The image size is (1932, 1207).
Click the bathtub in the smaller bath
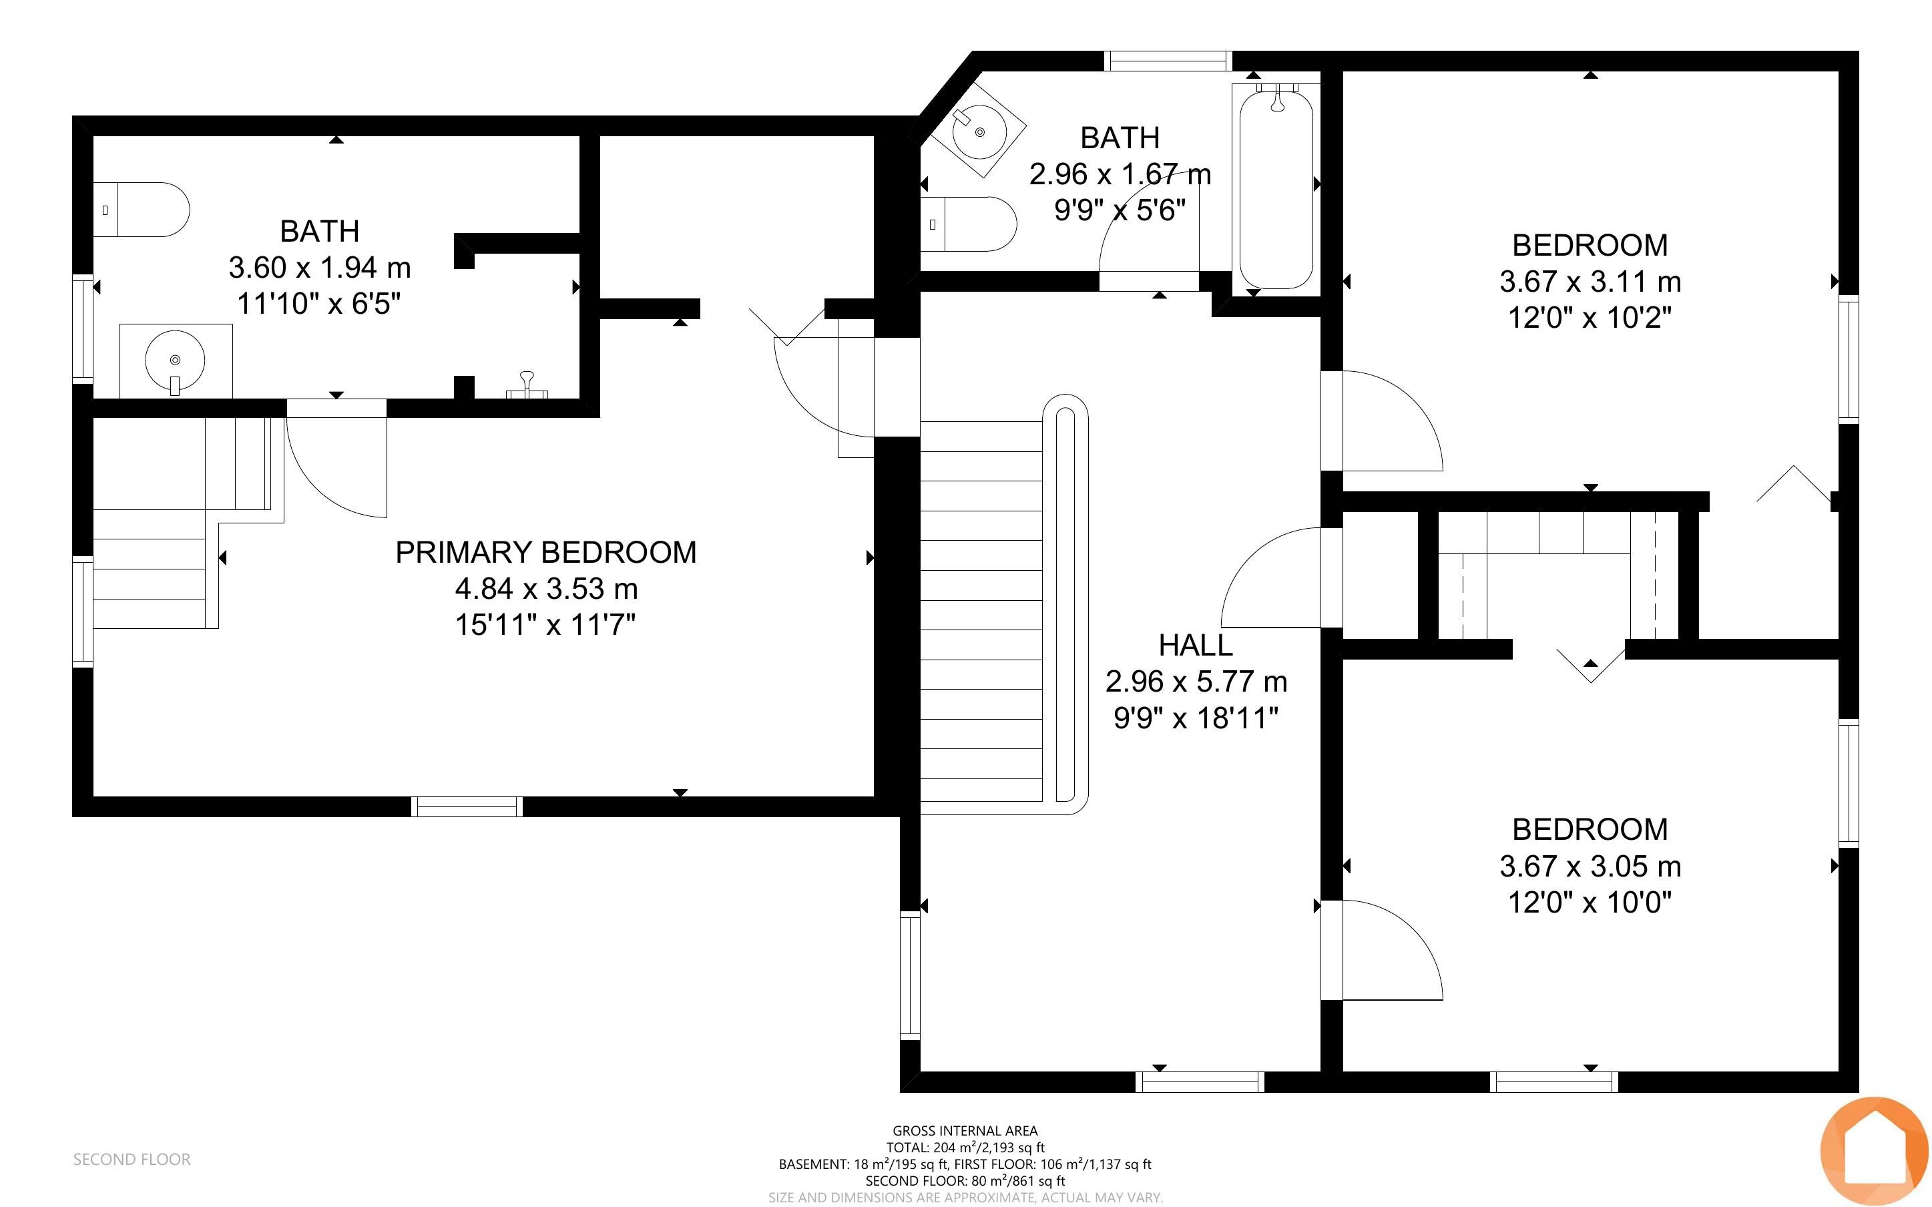[1275, 188]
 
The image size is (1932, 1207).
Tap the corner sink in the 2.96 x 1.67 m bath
[979, 132]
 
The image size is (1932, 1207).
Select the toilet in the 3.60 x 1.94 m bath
[142, 209]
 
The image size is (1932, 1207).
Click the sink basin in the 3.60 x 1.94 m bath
[176, 360]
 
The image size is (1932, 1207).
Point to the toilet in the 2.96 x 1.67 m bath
[969, 224]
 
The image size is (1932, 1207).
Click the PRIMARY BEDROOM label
[546, 552]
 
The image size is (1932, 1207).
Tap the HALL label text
[1196, 645]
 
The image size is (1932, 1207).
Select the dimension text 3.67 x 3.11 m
[1590, 281]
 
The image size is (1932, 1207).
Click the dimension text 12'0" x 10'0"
[1590, 903]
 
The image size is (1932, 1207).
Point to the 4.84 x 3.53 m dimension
[546, 589]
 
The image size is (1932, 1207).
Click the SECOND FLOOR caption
[132, 1159]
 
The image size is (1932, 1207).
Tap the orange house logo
[1874, 1151]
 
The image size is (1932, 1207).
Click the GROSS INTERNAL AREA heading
[965, 1130]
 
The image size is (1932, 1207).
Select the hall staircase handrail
[1066, 603]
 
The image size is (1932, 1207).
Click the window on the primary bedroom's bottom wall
[467, 806]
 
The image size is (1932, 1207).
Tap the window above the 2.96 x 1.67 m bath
[1168, 61]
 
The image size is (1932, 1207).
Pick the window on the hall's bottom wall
[1200, 1081]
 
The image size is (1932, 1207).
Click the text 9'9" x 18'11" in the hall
[1196, 718]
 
